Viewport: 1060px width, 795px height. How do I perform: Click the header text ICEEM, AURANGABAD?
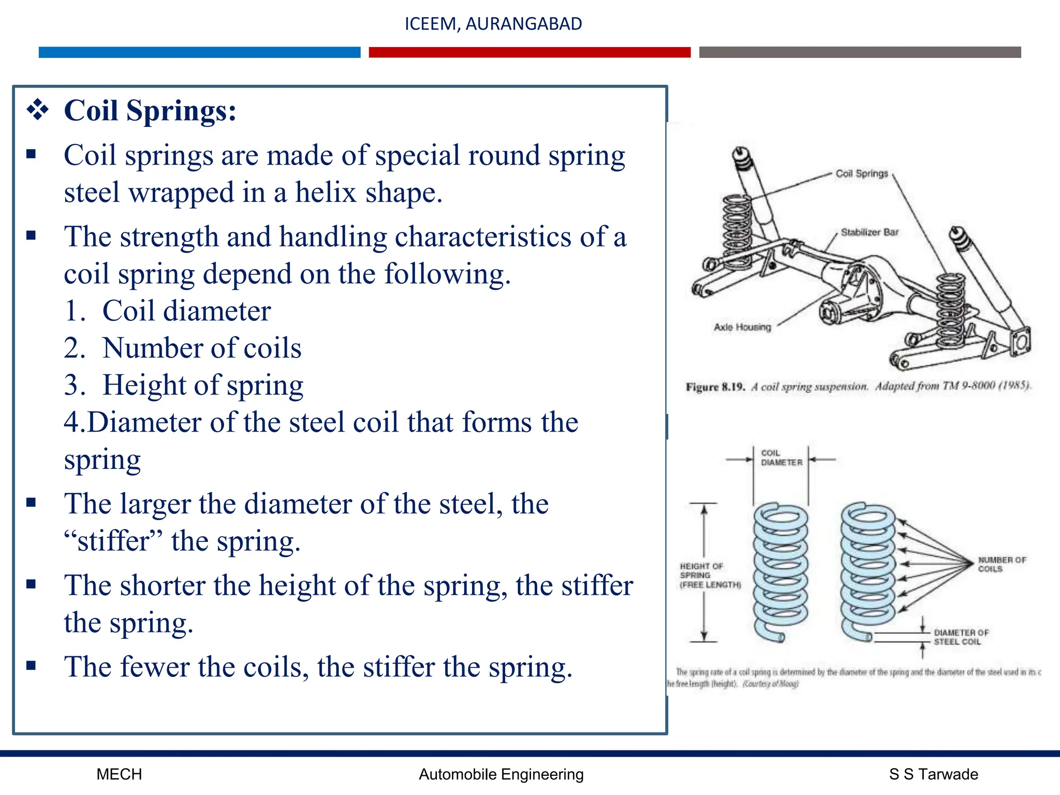click(x=493, y=24)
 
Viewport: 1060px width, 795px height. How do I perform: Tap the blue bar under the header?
click(x=199, y=52)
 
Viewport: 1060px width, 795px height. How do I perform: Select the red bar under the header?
click(x=529, y=52)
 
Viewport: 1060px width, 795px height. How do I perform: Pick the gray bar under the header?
click(x=860, y=52)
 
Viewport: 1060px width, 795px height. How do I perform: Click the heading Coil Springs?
click(x=150, y=111)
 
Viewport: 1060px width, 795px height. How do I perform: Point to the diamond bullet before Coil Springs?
click(x=38, y=110)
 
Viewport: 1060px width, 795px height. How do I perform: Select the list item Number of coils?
click(x=201, y=348)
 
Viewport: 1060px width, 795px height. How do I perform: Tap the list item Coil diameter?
click(x=186, y=311)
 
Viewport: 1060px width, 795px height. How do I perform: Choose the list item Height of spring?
click(x=202, y=385)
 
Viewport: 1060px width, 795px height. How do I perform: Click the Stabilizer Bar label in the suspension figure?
click(x=869, y=232)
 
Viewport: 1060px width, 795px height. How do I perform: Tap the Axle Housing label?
click(x=742, y=327)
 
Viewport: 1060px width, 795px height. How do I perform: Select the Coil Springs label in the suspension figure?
click(x=861, y=173)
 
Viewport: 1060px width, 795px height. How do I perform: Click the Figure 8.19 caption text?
click(x=858, y=386)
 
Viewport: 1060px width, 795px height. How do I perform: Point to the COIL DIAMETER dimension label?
click(x=781, y=458)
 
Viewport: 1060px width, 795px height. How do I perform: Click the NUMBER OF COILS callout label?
click(x=1001, y=564)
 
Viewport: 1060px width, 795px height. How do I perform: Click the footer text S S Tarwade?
click(x=933, y=774)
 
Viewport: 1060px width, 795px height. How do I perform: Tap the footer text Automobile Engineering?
click(x=501, y=774)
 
